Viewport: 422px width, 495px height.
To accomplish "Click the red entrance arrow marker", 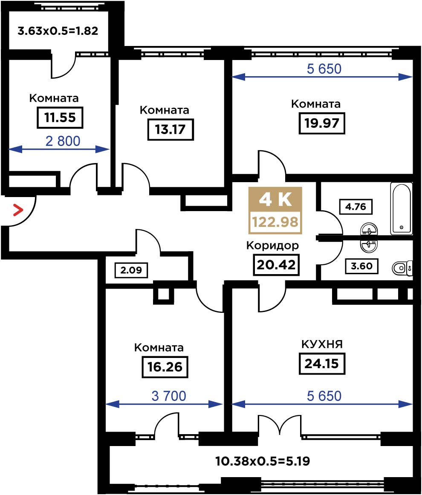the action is [x=18, y=210].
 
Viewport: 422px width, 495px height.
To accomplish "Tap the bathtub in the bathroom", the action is [x=402, y=209].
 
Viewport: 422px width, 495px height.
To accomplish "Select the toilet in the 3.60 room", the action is [x=402, y=268].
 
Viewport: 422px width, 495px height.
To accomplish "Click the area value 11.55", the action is [x=60, y=118].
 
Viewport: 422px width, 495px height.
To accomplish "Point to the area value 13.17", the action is [x=171, y=129].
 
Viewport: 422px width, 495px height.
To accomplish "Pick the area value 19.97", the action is [x=322, y=123].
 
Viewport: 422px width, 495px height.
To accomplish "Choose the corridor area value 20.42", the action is [x=276, y=265].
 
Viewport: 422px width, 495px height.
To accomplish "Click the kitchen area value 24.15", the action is [x=322, y=363].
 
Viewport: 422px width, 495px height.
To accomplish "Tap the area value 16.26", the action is [x=165, y=367].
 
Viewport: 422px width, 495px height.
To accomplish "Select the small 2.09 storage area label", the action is [x=131, y=270].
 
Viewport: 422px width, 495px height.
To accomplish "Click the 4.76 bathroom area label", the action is [x=356, y=207].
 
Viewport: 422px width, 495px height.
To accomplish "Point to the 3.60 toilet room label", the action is [x=361, y=266].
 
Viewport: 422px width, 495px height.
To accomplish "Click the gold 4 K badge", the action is [x=275, y=199].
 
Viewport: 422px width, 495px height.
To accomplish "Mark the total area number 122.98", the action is [x=275, y=222].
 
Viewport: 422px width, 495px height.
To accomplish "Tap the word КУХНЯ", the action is [x=322, y=344].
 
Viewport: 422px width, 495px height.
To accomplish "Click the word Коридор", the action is [x=272, y=245].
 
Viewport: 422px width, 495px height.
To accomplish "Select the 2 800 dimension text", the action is [x=63, y=141].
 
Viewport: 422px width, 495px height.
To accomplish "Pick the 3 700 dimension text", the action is [x=169, y=396].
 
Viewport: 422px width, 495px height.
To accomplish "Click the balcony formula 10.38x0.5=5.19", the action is [x=263, y=461].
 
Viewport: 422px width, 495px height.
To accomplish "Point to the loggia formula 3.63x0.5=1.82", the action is [x=58, y=31].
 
